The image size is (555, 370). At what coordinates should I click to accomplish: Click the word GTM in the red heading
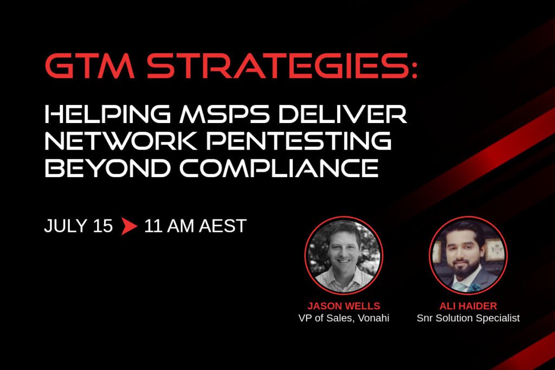tap(90, 66)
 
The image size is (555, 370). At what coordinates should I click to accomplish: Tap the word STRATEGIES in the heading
tap(278, 66)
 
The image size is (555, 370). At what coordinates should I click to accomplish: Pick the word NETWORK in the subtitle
tap(121, 140)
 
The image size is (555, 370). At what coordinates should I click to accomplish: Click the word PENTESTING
tap(299, 140)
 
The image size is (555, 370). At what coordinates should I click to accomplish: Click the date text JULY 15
tap(78, 226)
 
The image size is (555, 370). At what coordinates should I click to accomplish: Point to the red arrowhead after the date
tap(129, 226)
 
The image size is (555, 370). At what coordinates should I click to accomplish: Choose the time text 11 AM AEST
tap(195, 226)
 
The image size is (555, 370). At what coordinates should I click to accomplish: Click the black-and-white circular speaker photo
tap(344, 255)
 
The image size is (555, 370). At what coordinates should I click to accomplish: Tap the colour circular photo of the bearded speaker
tap(468, 255)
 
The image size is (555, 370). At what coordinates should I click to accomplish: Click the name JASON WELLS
tap(344, 306)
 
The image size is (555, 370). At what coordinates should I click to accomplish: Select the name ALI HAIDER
tap(468, 306)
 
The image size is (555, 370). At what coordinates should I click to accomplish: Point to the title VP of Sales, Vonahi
tap(344, 318)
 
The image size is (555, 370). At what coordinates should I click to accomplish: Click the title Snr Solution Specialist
tap(468, 319)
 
